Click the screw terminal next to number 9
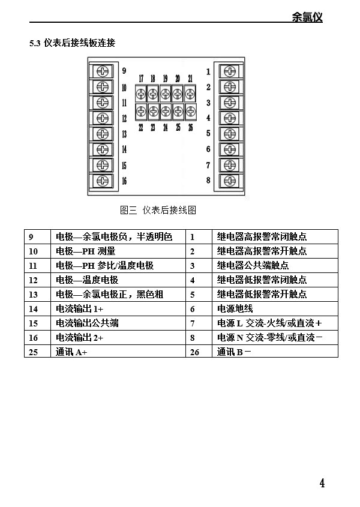pos(103,71)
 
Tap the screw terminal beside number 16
pos(103,181)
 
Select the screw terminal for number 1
pos(230,71)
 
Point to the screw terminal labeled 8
pos(230,181)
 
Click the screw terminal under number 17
pos(141,94)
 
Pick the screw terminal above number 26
pos(190,112)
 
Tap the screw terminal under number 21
pos(190,94)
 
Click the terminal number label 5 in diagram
pos(208,133)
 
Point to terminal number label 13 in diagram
pos(124,134)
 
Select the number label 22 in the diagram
pos(141,128)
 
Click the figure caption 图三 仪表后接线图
pos(158,210)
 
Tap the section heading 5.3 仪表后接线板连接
pos(73,43)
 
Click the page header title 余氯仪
pos(307,17)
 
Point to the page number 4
pos(322,483)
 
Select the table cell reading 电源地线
pos(235,309)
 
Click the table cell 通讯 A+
pos(71,352)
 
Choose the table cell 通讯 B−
pos(234,352)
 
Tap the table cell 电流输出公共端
pos(87,323)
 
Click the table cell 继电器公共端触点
pos(253,265)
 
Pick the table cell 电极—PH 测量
pos(85,251)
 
